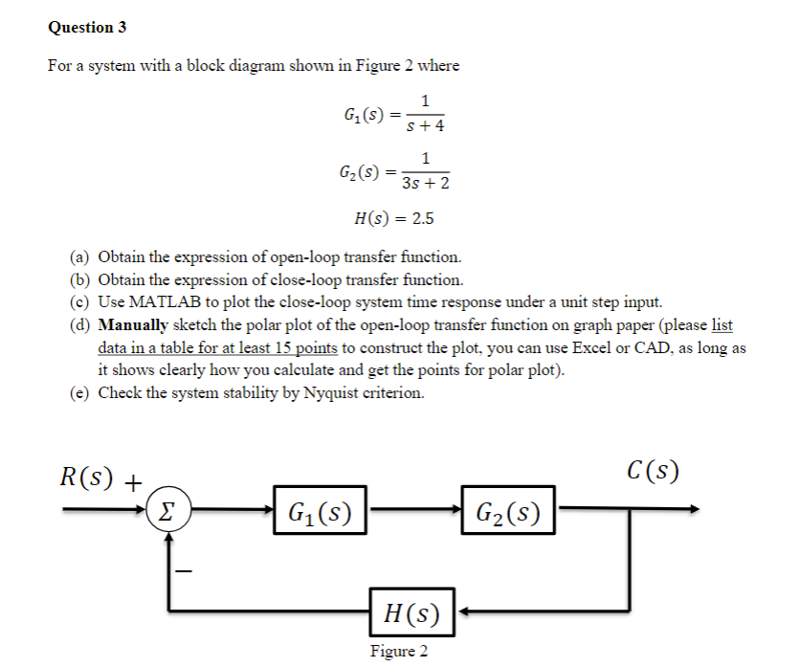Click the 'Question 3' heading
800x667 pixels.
[87, 27]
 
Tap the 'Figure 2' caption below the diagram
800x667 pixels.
[399, 652]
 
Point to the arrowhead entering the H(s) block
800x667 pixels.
[460, 610]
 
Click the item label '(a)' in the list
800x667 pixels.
[80, 257]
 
